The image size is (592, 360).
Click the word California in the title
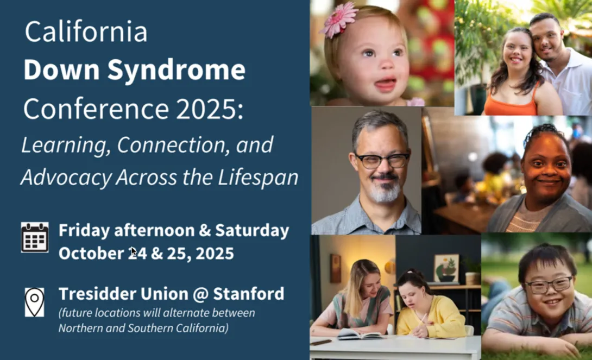point(86,32)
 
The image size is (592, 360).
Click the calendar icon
point(35,237)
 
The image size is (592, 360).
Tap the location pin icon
point(35,302)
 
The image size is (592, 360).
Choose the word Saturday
point(252,230)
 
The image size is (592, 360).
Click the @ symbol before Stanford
point(199,294)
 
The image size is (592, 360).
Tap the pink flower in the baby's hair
point(339,20)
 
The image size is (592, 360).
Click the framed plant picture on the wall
point(446,268)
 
